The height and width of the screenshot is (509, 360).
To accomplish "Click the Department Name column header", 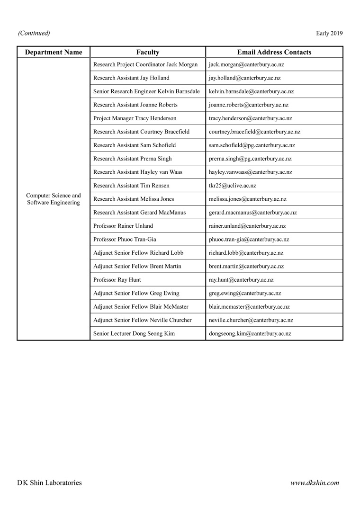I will click(54, 52).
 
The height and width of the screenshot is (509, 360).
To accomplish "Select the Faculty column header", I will click(148, 52).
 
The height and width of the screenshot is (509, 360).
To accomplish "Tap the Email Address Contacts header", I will click(274, 52).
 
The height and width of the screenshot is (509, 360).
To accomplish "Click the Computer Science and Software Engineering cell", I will click(54, 199).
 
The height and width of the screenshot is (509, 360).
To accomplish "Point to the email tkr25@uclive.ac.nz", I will click(232, 186).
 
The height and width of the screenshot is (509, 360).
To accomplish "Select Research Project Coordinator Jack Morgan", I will click(145, 64).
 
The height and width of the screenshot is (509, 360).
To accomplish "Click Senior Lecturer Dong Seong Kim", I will click(134, 334).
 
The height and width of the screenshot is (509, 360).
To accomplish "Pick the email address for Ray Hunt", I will click(241, 280).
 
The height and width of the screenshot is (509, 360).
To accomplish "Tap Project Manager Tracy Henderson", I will click(135, 118).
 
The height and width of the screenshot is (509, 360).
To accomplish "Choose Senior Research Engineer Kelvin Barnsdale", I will click(146, 91).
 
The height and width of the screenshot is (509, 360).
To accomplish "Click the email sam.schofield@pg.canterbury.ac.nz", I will click(252, 145).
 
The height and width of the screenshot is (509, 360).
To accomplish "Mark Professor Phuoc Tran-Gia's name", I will click(125, 240).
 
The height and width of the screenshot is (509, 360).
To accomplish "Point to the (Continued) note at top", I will click(34, 33).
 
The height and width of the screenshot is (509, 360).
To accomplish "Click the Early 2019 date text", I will click(329, 33).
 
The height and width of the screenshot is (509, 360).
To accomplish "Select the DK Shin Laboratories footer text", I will click(49, 483).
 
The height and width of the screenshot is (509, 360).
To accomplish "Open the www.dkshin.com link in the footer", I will click(315, 483).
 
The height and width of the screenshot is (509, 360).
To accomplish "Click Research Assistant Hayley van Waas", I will click(138, 172).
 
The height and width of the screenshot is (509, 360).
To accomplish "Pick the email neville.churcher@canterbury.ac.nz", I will click(251, 320).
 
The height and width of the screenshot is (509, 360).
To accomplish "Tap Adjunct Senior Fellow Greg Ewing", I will click(136, 294).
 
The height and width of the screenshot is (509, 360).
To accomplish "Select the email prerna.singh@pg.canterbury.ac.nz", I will click(250, 159).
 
